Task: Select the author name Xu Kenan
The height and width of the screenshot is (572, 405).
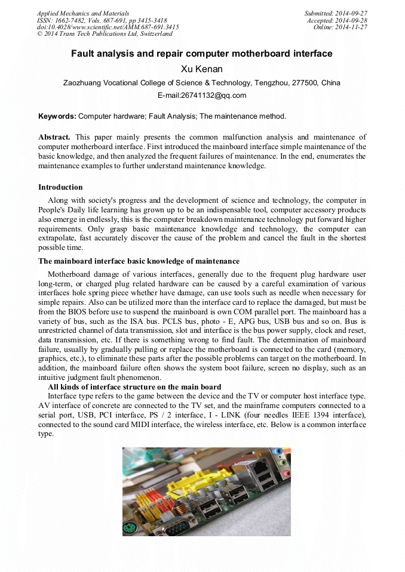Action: tap(202, 69)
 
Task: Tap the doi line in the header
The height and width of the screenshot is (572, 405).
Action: tap(108, 27)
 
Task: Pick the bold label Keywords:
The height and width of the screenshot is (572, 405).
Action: tap(57, 116)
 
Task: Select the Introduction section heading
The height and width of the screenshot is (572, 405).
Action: tap(60, 187)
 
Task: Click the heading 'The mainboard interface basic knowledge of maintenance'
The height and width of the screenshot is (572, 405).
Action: tap(139, 261)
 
